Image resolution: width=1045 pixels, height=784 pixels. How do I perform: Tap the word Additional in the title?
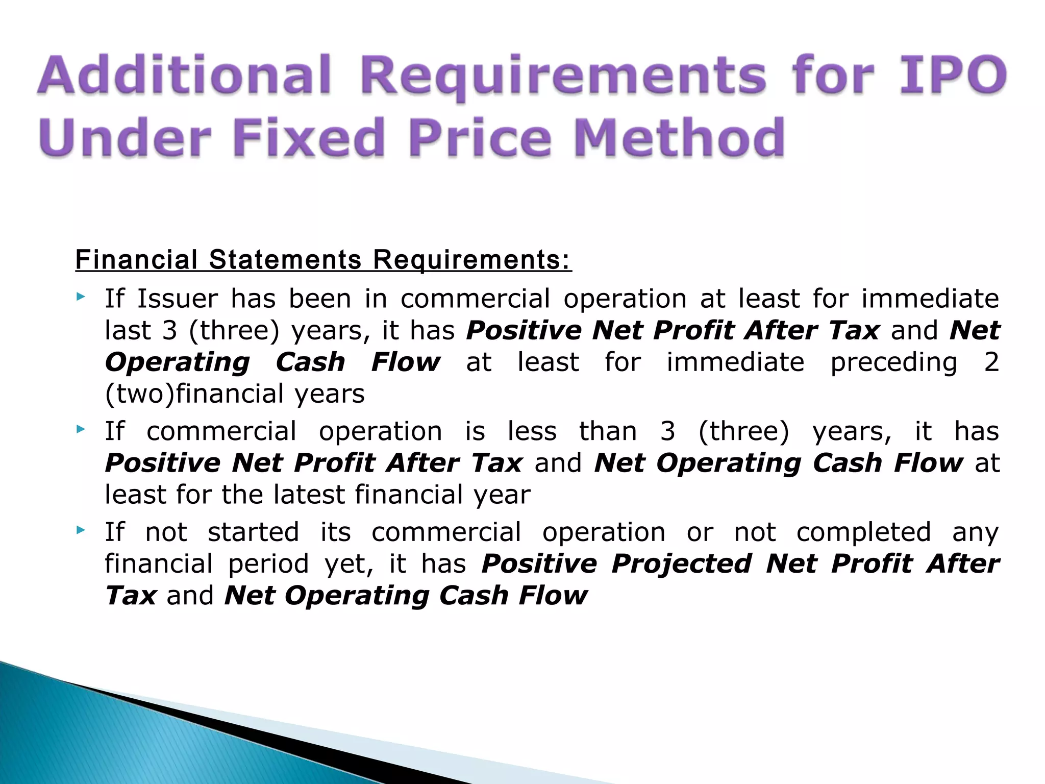[x=184, y=76]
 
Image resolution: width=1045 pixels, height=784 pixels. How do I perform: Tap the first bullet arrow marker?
[x=80, y=297]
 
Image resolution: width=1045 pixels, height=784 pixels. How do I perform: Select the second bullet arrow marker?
[x=80, y=429]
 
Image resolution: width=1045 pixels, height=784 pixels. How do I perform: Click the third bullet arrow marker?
[x=80, y=530]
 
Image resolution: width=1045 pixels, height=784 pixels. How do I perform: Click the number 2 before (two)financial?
[x=991, y=362]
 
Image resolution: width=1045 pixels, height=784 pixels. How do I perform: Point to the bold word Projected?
[x=681, y=565]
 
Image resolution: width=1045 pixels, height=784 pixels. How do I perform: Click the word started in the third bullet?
[x=253, y=532]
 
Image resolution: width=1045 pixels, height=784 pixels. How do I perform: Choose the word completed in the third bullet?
[x=863, y=532]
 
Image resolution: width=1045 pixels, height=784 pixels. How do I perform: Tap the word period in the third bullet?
[x=268, y=565]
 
